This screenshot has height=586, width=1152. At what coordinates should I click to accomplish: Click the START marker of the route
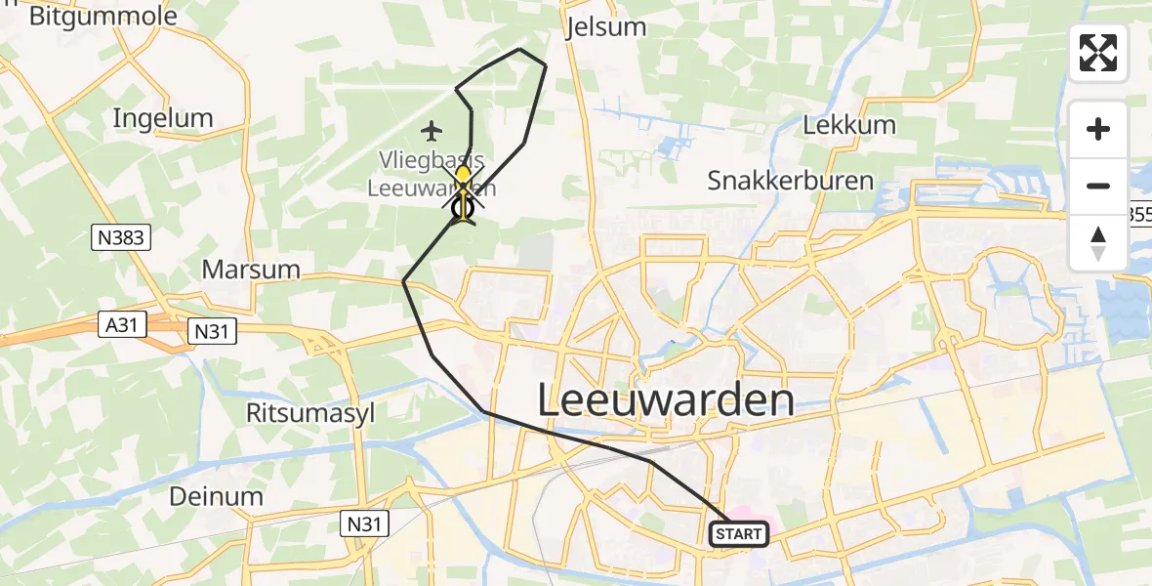(x=739, y=534)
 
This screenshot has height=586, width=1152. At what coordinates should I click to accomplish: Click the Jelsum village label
(x=606, y=26)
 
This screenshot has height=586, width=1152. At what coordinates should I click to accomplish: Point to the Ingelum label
(x=163, y=118)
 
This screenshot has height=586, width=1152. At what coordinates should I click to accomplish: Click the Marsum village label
(x=251, y=269)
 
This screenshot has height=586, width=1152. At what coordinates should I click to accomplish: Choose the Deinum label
(x=216, y=496)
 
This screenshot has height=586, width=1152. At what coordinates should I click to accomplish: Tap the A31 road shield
(x=121, y=325)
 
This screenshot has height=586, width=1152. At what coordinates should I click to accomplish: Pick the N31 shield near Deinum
(x=365, y=524)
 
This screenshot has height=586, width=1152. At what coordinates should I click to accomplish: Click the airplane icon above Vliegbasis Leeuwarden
(x=432, y=129)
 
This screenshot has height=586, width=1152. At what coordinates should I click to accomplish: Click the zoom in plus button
(x=1098, y=129)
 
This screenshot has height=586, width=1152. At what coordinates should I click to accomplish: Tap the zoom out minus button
(x=1098, y=186)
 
